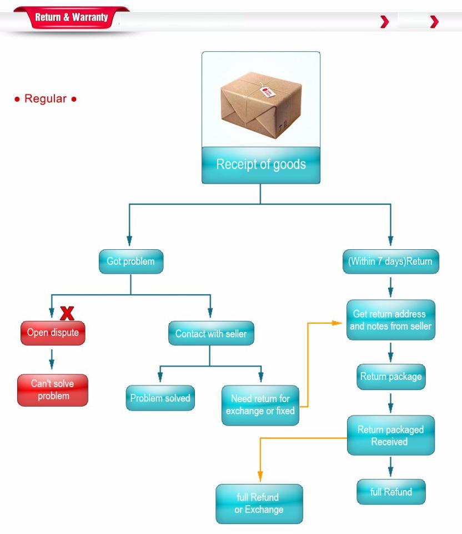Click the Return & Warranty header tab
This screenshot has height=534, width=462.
click(71, 18)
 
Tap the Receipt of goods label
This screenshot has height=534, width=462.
click(260, 165)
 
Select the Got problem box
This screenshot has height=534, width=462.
click(131, 261)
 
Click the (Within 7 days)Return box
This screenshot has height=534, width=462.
click(390, 261)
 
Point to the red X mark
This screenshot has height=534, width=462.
click(67, 313)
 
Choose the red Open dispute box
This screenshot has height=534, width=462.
click(53, 333)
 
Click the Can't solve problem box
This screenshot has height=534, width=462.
click(52, 389)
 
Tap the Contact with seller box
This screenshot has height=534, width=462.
click(211, 334)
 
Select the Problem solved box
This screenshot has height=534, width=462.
click(160, 398)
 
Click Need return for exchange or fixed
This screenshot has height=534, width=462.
click(260, 405)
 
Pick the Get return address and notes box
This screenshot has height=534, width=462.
click(390, 320)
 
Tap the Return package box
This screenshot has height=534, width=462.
click(391, 377)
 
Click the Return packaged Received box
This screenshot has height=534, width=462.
click(390, 436)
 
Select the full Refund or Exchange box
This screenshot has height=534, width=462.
click(259, 503)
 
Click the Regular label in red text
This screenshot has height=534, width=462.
click(45, 99)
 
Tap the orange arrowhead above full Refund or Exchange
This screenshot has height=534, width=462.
click(259, 476)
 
